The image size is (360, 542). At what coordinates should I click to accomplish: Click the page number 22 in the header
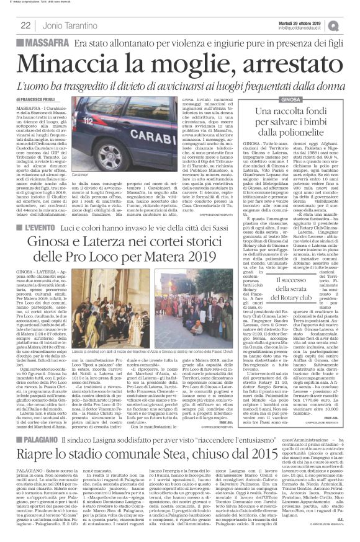26,25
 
